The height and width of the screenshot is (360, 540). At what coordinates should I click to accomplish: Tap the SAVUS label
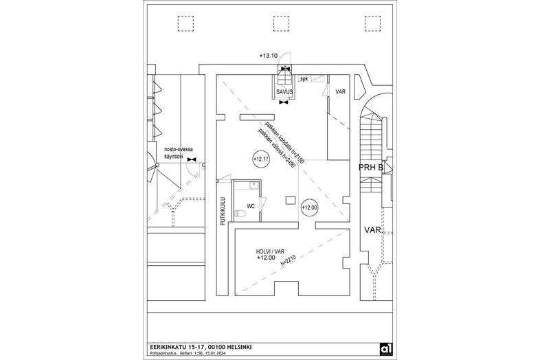pos(285,91)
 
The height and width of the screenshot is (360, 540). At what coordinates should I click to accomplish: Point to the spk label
pos(304,79)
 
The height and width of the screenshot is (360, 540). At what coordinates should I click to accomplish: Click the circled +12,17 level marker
pos(261,159)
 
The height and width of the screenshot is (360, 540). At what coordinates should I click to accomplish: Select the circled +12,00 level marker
pos(310,207)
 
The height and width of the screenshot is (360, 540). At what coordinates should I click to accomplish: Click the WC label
pos(251,205)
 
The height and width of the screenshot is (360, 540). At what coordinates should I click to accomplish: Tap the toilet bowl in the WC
pos(239,214)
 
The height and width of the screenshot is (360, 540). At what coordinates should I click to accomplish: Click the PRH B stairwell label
pos(371,167)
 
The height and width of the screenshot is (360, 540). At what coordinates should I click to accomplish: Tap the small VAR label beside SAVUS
pos(340,91)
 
